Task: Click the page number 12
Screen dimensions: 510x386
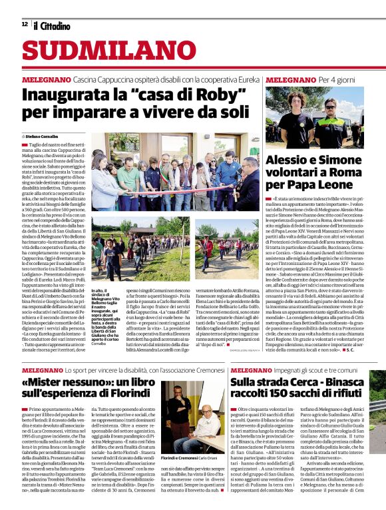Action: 25,25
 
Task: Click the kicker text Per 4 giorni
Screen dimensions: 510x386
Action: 319,79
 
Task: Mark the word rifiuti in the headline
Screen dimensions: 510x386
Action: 345,394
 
